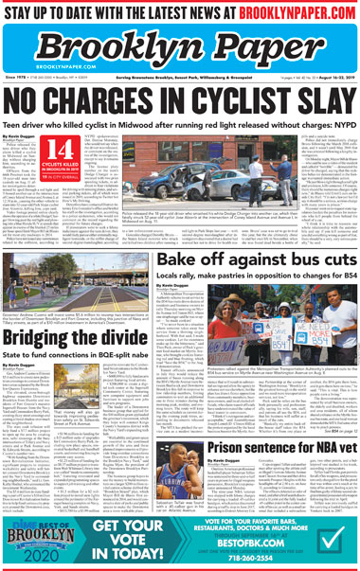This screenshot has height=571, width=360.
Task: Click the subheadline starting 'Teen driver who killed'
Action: [x=179, y=122]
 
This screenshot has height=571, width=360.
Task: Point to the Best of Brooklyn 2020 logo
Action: [x=38, y=541]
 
